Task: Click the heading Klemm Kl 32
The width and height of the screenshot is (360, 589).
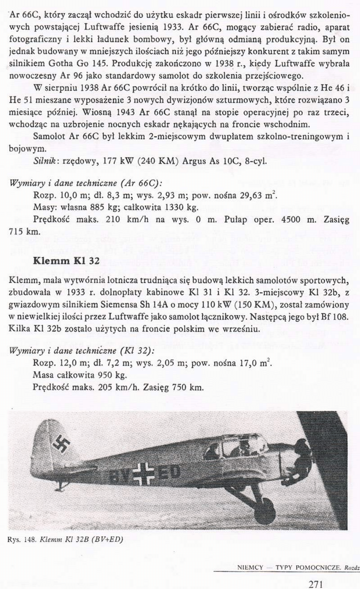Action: (x=66, y=261)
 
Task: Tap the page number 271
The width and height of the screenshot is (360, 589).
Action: (x=315, y=584)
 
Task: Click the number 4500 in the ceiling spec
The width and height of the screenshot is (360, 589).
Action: (x=291, y=220)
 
